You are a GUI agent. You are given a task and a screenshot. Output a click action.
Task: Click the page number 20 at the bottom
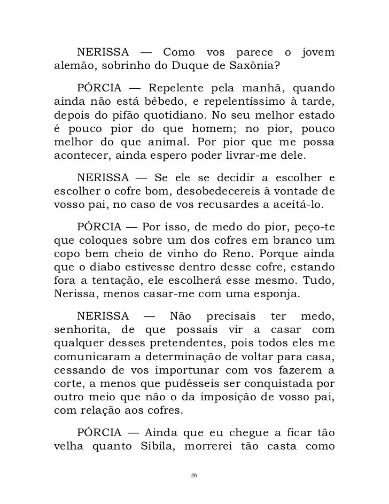[194, 475]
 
